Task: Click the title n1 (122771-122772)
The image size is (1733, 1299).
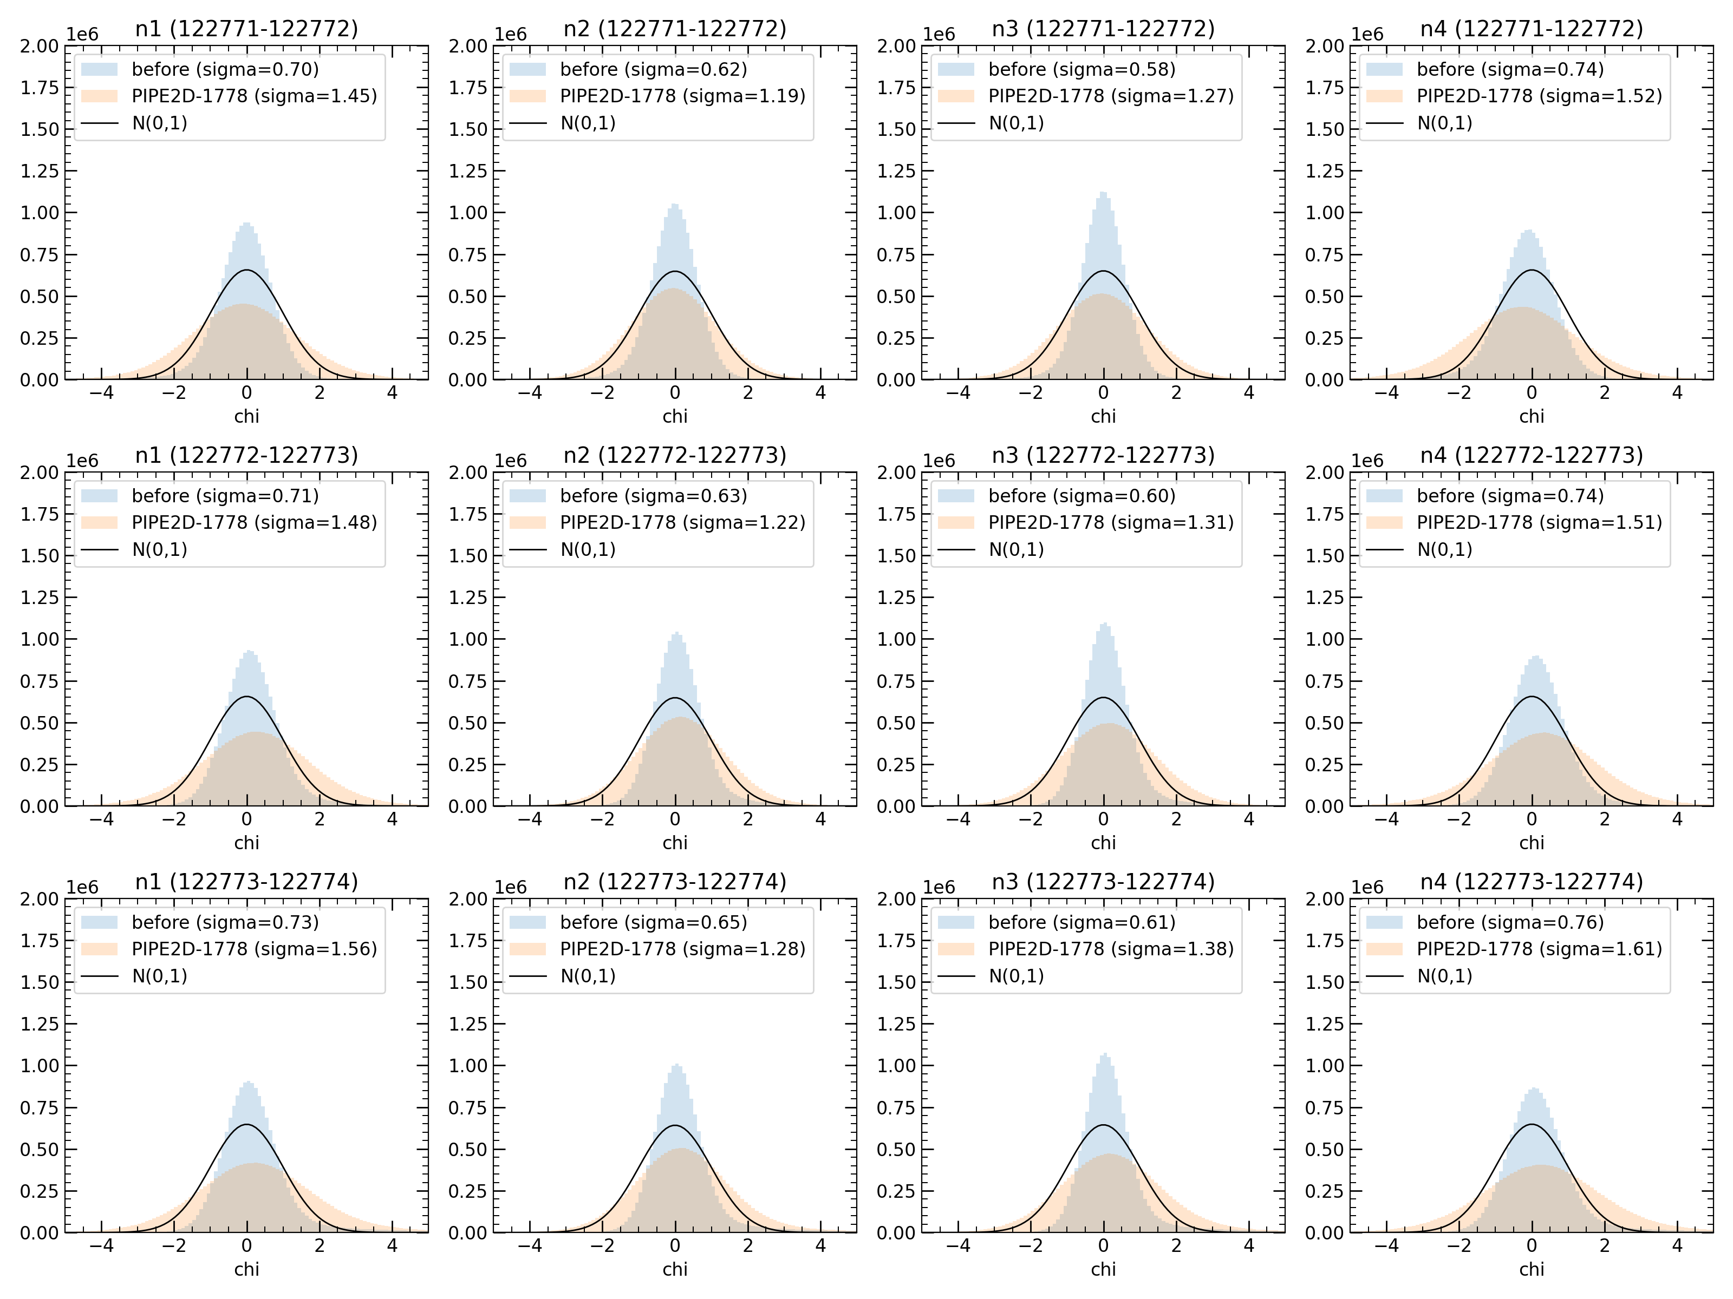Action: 246,29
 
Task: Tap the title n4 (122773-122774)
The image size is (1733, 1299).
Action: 1531,882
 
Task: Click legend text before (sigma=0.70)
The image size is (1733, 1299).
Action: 225,69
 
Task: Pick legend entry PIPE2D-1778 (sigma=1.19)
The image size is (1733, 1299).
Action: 682,95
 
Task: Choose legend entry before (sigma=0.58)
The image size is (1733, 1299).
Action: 1081,69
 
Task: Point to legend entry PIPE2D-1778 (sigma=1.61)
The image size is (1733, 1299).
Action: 1539,948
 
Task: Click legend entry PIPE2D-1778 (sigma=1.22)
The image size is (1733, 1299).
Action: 682,522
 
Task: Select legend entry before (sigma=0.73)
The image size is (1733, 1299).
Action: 225,922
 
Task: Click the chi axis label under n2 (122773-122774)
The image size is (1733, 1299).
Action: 675,1269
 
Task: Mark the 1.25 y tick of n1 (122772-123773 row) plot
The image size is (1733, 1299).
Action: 39,598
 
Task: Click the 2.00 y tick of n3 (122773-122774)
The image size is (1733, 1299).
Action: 896,899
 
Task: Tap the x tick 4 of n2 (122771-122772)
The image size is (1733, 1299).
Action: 820,392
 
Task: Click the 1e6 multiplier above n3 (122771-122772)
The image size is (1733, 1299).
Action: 939,35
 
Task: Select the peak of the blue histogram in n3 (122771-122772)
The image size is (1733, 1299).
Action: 1102,193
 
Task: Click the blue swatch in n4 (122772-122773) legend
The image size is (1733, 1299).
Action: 1384,496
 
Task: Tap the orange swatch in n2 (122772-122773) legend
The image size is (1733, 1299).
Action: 527,522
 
